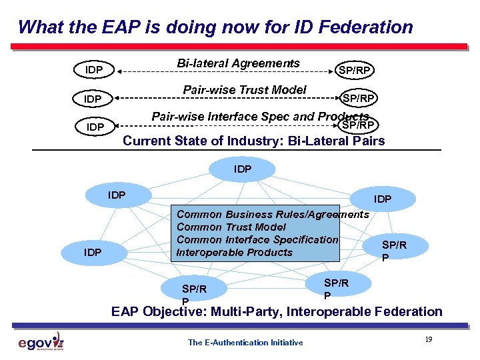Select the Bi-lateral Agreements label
click(x=238, y=63)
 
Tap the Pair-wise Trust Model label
click(x=245, y=90)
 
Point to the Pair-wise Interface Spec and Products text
click(x=260, y=117)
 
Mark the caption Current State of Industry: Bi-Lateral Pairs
click(x=253, y=141)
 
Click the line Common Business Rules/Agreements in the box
click(x=272, y=214)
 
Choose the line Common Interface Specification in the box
click(x=257, y=239)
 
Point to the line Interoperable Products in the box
click(x=234, y=252)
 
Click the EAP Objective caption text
click(x=276, y=311)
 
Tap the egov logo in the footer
click(x=41, y=342)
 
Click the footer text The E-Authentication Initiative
click(x=245, y=343)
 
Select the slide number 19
click(x=428, y=340)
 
